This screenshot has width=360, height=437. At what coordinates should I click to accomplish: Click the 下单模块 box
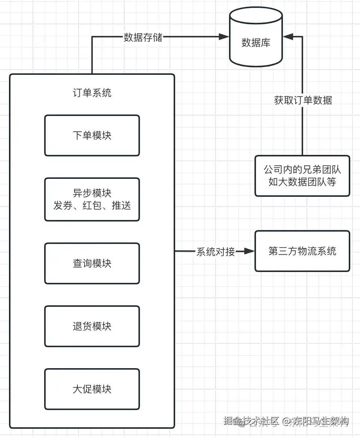pos(92,135)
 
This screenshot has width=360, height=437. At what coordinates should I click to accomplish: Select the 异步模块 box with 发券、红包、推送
pos(92,199)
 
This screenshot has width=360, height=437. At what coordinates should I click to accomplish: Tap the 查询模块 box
pos(92,263)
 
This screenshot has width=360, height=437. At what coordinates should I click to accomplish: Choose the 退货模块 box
pos(92,326)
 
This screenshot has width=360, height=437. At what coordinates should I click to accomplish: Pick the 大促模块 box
pos(92,389)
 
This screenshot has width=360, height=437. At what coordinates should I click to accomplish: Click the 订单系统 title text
pos(92,93)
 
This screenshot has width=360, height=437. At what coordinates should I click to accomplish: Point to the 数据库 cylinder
pos(256,37)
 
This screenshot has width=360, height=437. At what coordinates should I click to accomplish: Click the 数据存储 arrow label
pos(143,37)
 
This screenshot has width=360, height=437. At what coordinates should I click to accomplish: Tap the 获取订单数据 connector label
pos(303,100)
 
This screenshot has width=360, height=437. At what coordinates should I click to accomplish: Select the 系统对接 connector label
pos(216,252)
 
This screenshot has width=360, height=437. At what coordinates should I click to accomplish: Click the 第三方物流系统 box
pos(302,251)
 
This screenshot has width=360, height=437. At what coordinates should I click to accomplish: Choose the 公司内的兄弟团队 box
pos(302,176)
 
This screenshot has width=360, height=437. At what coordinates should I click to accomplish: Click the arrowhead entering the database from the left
pos(224,37)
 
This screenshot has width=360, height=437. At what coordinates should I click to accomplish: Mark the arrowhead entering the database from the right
pos(288,37)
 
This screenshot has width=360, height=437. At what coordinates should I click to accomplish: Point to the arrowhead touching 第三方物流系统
pos(249,251)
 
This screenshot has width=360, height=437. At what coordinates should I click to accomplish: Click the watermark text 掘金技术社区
pos(251,421)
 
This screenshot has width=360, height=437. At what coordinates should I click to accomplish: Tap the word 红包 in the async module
pos(92,206)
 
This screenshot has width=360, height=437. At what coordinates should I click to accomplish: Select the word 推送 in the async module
pos(121,206)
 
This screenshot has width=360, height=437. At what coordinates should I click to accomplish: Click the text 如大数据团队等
pos(302,182)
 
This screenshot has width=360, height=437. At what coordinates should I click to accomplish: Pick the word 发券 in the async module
pos(63,206)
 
